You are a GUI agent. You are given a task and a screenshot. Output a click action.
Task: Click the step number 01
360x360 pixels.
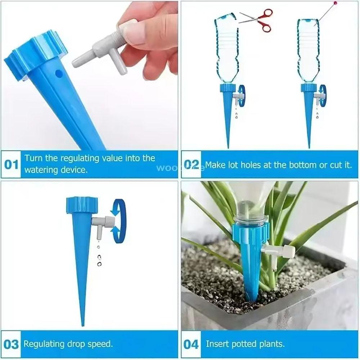pyautogui.click(x=11, y=165)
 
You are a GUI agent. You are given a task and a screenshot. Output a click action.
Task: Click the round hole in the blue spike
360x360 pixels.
pyautogui.click(x=58, y=74)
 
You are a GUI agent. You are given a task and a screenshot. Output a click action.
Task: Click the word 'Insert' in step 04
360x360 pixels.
pyautogui.click(x=217, y=344)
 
